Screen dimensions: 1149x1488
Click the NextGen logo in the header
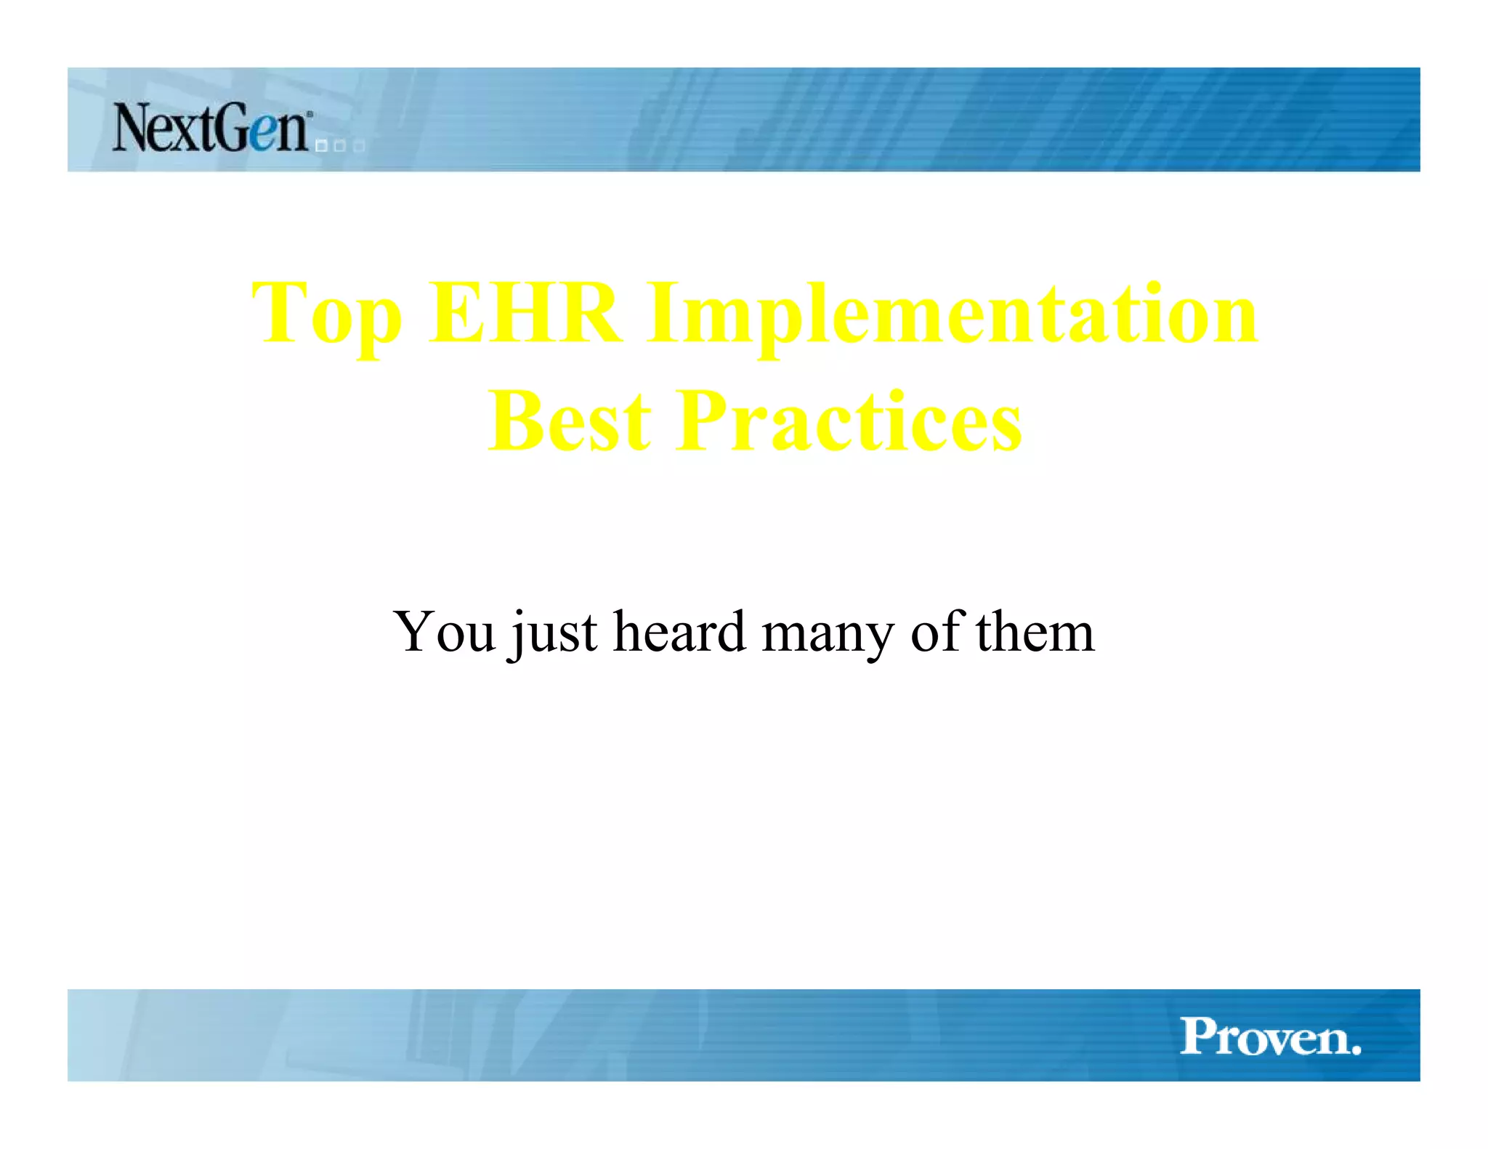coord(211,129)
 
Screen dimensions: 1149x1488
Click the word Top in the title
coord(326,316)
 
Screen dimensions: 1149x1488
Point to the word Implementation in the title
coord(953,316)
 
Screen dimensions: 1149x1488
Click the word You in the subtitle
coord(444,631)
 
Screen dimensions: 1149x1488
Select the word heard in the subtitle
coord(679,631)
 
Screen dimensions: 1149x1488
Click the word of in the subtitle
coord(937,631)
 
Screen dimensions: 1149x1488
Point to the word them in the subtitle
coord(1035,631)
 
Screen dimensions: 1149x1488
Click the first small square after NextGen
coord(321,147)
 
